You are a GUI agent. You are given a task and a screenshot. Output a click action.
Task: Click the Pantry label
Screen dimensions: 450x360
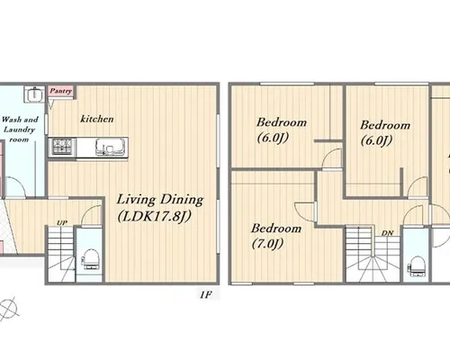pos(61,91)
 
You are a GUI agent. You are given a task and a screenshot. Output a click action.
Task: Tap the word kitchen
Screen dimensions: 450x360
pos(97,119)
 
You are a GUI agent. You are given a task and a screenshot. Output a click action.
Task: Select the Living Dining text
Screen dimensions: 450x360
pos(160,200)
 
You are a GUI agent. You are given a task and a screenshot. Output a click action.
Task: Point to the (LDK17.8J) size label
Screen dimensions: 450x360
pos(154,217)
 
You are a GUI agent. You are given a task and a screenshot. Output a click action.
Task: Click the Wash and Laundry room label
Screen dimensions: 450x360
pos(20,130)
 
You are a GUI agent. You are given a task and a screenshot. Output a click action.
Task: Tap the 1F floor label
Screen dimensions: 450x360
pos(206,294)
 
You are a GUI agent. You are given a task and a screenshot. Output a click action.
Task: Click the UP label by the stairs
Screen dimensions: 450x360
pos(62,222)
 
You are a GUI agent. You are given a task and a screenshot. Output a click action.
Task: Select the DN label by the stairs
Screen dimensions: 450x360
pos(387,233)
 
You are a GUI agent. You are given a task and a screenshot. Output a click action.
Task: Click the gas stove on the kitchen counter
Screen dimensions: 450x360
pos(62,147)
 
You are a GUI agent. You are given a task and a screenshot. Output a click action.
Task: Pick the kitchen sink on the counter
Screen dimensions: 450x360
pos(110,147)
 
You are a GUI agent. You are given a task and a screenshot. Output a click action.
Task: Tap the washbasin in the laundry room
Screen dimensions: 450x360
pos(34,94)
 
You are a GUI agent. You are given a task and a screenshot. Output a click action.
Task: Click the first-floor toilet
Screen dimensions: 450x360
pos(90,259)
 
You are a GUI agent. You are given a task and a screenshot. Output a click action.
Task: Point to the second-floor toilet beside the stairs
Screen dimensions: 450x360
pos(417,265)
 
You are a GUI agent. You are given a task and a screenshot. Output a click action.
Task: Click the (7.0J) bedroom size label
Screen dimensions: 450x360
pos(267,244)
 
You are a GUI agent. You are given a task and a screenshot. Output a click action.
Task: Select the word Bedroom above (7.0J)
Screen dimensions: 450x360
pos(276,229)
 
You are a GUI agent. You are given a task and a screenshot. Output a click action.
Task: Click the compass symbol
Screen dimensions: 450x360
pos(8,308)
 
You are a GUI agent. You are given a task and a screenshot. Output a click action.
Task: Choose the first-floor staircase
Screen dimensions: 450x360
pos(61,254)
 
